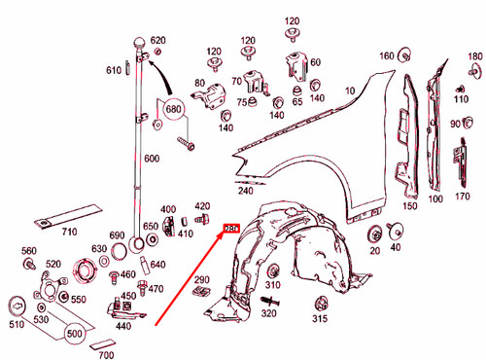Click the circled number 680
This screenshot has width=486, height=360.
click(175, 110)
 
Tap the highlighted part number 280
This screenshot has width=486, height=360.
click(232, 230)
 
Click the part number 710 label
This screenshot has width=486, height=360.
click(70, 234)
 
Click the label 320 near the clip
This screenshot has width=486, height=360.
click(270, 313)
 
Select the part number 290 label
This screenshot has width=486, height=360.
click(202, 281)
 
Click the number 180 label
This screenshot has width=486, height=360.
click(474, 57)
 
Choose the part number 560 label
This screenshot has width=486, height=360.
click(29, 250)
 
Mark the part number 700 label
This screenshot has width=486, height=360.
click(105, 356)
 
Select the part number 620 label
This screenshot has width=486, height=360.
click(158, 40)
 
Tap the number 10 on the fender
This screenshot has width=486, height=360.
click(349, 90)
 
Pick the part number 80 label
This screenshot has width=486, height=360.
click(200, 83)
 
